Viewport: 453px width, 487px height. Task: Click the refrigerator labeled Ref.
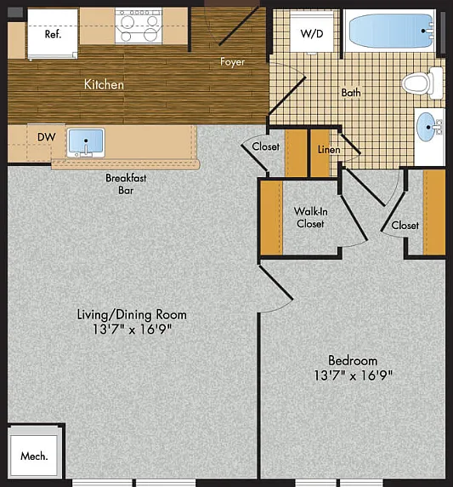pyautogui.click(x=53, y=33)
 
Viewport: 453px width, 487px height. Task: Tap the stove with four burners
pyautogui.click(x=139, y=26)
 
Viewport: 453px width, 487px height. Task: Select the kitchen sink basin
pyautogui.click(x=86, y=141)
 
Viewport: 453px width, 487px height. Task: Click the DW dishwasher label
pyautogui.click(x=47, y=137)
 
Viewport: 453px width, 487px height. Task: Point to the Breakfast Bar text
pyautogui.click(x=126, y=184)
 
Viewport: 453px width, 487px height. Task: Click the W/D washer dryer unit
pyautogui.click(x=312, y=32)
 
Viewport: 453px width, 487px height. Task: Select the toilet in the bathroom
pyautogui.click(x=422, y=83)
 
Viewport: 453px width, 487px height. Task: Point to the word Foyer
pyautogui.click(x=233, y=62)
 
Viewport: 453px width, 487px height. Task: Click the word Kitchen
pyautogui.click(x=104, y=84)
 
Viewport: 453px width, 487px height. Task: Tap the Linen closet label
pyautogui.click(x=329, y=150)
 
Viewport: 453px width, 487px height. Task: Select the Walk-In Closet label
pyautogui.click(x=310, y=217)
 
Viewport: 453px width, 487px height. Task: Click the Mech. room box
pyautogui.click(x=33, y=455)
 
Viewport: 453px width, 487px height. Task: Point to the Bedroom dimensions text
pyautogui.click(x=354, y=375)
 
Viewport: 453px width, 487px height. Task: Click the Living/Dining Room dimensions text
pyautogui.click(x=132, y=329)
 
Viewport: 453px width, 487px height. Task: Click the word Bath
pyautogui.click(x=351, y=93)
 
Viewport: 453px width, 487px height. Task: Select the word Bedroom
pyautogui.click(x=353, y=361)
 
